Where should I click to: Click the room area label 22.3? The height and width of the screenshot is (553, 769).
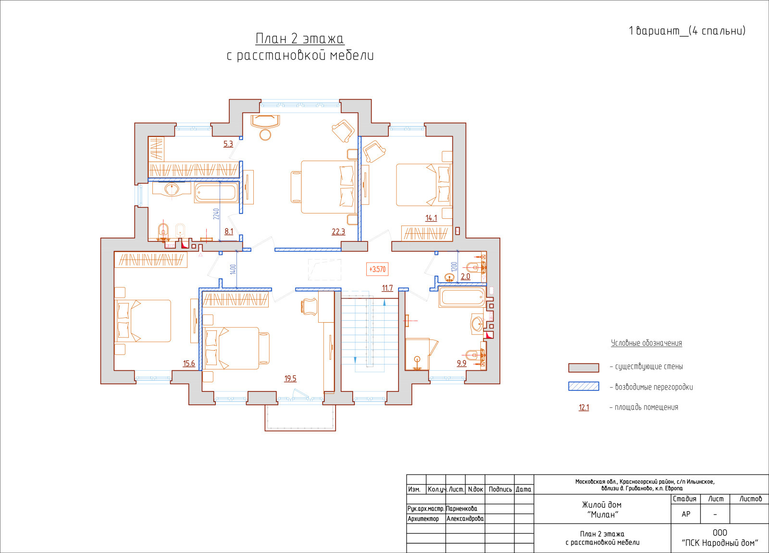[338, 232]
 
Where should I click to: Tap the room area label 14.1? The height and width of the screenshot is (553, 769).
[431, 218]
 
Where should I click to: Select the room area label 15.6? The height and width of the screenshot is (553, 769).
[189, 364]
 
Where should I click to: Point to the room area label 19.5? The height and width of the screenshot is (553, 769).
[290, 378]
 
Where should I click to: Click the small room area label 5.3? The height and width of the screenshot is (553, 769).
[228, 144]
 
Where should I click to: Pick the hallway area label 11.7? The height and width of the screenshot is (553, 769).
[387, 288]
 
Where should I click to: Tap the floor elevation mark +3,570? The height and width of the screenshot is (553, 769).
[377, 269]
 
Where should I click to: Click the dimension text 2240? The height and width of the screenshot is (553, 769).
[216, 214]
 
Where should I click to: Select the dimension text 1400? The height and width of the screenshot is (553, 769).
[233, 269]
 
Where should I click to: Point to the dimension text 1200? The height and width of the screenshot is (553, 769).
[454, 267]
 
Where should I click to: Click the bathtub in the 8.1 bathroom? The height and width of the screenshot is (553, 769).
[216, 193]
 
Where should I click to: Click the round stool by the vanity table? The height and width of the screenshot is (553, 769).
[265, 135]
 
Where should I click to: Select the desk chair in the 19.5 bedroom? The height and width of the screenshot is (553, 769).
[309, 307]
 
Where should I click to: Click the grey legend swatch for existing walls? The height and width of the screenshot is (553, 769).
[583, 368]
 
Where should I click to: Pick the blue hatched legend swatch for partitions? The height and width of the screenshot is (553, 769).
[583, 387]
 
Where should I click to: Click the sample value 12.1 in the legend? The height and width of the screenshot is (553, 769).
[583, 408]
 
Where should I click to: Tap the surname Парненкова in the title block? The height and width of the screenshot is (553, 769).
[461, 509]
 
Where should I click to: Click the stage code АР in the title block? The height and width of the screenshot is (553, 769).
[685, 514]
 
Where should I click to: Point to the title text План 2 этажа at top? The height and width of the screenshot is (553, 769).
[300, 39]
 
